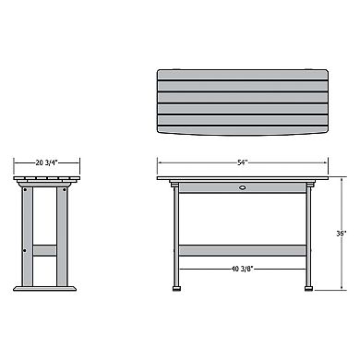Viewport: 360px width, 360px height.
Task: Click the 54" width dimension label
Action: [242, 162]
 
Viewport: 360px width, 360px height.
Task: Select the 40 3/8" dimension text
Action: [242, 269]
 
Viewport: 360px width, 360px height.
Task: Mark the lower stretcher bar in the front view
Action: [242, 248]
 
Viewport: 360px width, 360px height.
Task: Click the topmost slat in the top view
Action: [242, 74]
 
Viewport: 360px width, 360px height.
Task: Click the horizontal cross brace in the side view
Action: [45, 249]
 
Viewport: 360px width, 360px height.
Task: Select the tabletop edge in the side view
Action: [45, 178]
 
